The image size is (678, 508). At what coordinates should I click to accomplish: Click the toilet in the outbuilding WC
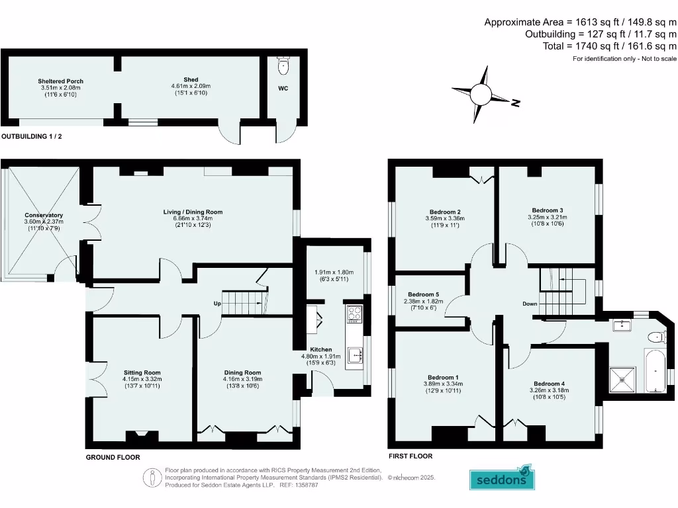tap(285, 65)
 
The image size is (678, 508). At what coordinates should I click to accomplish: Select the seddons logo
tap(502, 478)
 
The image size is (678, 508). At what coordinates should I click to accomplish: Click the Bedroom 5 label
tap(423, 294)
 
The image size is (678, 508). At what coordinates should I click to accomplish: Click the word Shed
tap(191, 80)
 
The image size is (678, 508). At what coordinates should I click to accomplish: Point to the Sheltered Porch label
tap(60, 81)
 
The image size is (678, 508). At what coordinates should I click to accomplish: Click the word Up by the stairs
tap(217, 303)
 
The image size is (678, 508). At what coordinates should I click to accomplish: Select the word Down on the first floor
tap(530, 304)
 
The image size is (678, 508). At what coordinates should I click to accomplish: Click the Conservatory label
tap(44, 215)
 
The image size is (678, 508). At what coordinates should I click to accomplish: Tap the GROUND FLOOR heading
tap(113, 457)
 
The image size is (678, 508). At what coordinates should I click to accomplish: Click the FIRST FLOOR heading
tap(411, 456)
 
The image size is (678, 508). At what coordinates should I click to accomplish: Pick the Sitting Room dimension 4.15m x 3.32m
tap(142, 379)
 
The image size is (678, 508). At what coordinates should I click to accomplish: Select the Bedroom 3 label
tap(547, 209)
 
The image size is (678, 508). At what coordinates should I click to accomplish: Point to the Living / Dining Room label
tap(193, 212)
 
